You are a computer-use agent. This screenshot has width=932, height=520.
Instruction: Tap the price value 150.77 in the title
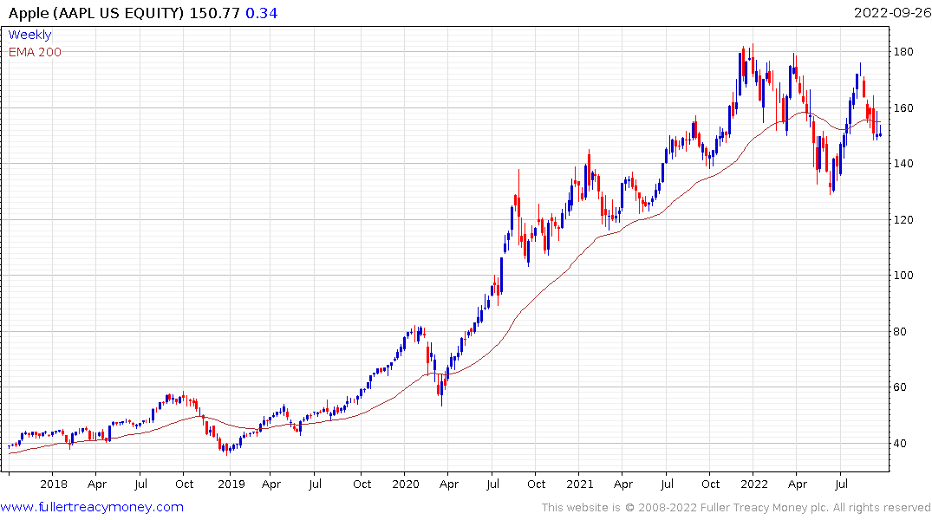click(x=214, y=13)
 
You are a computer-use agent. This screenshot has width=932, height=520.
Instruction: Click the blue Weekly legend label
click(x=29, y=35)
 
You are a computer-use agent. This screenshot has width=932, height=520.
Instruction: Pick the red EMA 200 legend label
click(x=35, y=52)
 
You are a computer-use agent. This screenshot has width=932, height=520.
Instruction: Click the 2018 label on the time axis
click(x=54, y=484)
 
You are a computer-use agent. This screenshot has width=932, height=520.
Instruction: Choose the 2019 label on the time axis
click(x=230, y=484)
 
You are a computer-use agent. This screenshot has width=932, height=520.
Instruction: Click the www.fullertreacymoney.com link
click(x=92, y=507)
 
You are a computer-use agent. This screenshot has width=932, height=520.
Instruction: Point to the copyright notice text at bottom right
click(x=736, y=508)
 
